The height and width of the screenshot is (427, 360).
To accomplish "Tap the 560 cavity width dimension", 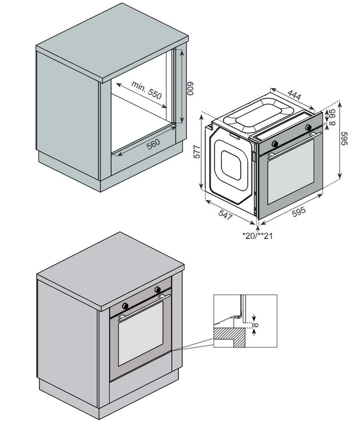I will point(153,143).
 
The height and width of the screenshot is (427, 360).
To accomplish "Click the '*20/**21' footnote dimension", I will point(257,235).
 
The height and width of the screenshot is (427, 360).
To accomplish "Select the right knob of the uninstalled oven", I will point(308,127).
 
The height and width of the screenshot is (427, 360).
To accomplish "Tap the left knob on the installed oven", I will point(125,305).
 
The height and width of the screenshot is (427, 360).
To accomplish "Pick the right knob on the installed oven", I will point(158,289).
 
